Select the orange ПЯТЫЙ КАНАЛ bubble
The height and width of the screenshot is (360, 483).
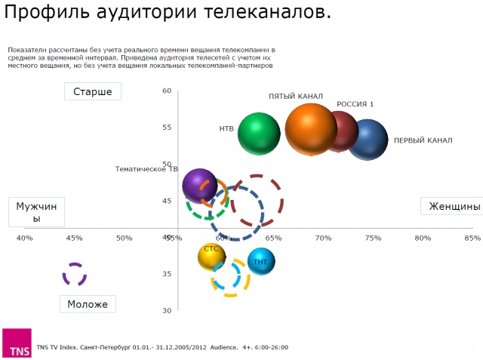pos(310,129)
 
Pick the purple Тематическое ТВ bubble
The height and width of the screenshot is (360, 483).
pos(199,186)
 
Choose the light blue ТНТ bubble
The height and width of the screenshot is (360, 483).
pos(260,261)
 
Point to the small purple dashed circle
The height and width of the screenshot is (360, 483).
pos(74,274)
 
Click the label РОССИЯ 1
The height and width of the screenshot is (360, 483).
pos(355,104)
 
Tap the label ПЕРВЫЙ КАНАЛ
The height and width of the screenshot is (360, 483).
pos(423,140)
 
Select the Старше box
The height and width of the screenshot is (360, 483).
pos(93,92)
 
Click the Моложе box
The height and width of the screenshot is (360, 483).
pos(88,304)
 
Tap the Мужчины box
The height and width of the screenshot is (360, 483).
pos(37,212)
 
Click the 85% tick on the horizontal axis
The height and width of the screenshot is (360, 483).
pos(472,238)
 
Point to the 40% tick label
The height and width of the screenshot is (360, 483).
pos(25,238)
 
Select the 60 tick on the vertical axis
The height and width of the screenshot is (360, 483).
pos(167,91)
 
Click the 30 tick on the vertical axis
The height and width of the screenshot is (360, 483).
pos(167,310)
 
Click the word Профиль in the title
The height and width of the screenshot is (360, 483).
pos(37,14)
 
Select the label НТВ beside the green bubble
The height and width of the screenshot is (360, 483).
pos(226,129)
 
